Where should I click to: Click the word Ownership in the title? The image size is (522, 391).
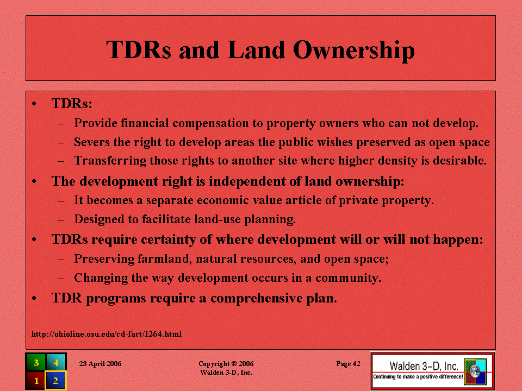point(354,50)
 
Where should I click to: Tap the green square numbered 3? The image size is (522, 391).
point(36,362)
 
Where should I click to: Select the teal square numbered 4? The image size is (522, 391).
point(55,362)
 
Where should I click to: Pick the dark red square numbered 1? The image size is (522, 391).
point(36,380)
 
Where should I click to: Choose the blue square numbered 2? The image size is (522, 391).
point(55,380)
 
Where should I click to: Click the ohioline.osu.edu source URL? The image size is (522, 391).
point(107,334)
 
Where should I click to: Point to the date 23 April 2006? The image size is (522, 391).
point(100,363)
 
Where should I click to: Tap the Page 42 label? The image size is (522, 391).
point(348,363)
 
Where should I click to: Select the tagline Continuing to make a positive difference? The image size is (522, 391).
point(418,377)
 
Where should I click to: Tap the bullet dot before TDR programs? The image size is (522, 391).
point(34,298)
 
